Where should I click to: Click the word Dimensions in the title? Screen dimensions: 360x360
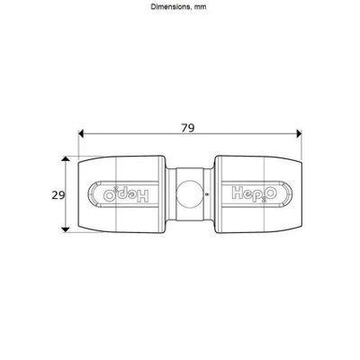point(170,6)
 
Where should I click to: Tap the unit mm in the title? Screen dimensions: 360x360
point(200,7)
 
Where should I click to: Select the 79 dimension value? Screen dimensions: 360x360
point(188,128)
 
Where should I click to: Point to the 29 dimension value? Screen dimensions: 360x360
point(58,195)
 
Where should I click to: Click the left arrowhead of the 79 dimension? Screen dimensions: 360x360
point(80,133)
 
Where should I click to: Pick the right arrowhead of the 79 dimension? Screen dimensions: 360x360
point(299,133)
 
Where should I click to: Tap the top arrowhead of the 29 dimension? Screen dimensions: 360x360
point(66,158)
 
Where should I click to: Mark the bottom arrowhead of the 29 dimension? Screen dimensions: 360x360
point(66,229)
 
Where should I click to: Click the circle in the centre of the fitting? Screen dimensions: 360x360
point(190,194)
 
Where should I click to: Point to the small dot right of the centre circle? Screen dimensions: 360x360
point(207,194)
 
